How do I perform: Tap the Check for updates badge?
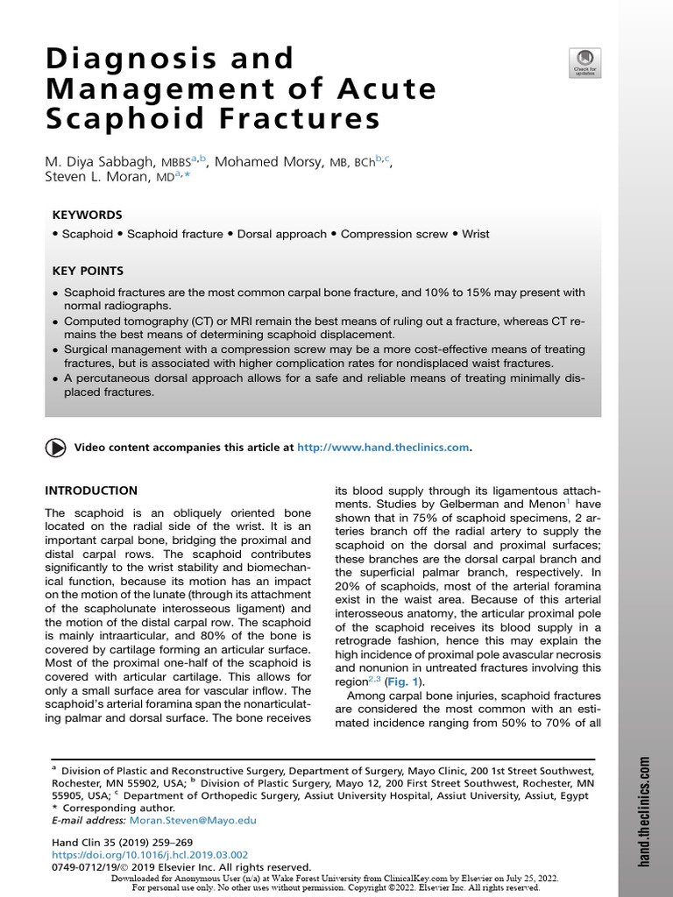584,63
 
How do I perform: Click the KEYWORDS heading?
87,215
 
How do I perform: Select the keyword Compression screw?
393,235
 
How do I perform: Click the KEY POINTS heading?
88,272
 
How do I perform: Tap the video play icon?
55,448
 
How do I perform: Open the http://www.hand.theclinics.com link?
383,448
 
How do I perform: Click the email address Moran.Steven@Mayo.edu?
192,821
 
